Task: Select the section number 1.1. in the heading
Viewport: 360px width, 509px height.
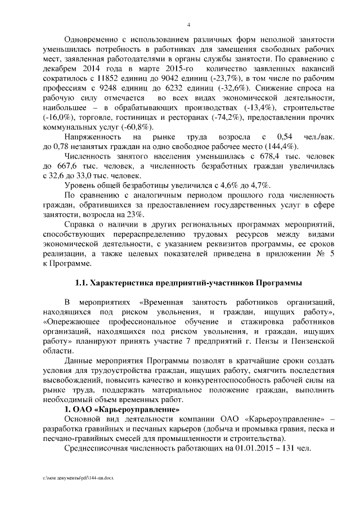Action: point(82,282)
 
